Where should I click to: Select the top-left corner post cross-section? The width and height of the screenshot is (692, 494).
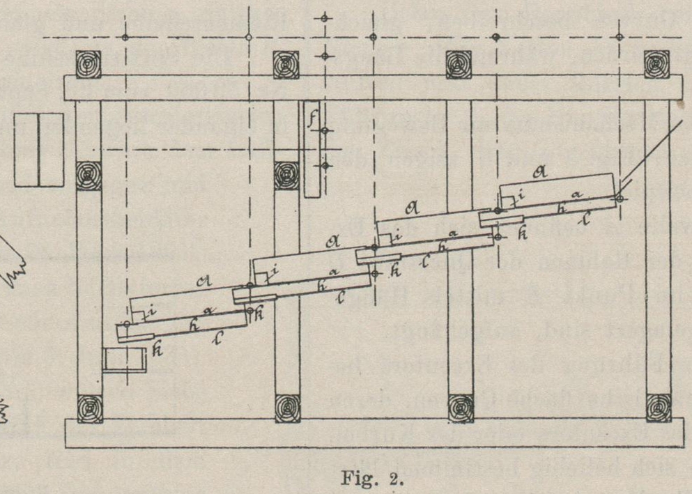pos(89,63)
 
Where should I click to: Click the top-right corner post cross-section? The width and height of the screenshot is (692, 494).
pos(656,63)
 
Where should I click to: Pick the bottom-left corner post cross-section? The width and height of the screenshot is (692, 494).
pos(90,408)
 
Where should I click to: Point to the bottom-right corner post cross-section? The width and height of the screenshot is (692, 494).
pos(656,408)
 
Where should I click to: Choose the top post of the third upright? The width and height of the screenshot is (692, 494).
pos(459,63)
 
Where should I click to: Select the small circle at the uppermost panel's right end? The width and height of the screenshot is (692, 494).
pos(620,199)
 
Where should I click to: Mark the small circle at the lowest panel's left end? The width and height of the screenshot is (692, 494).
pos(127,324)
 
